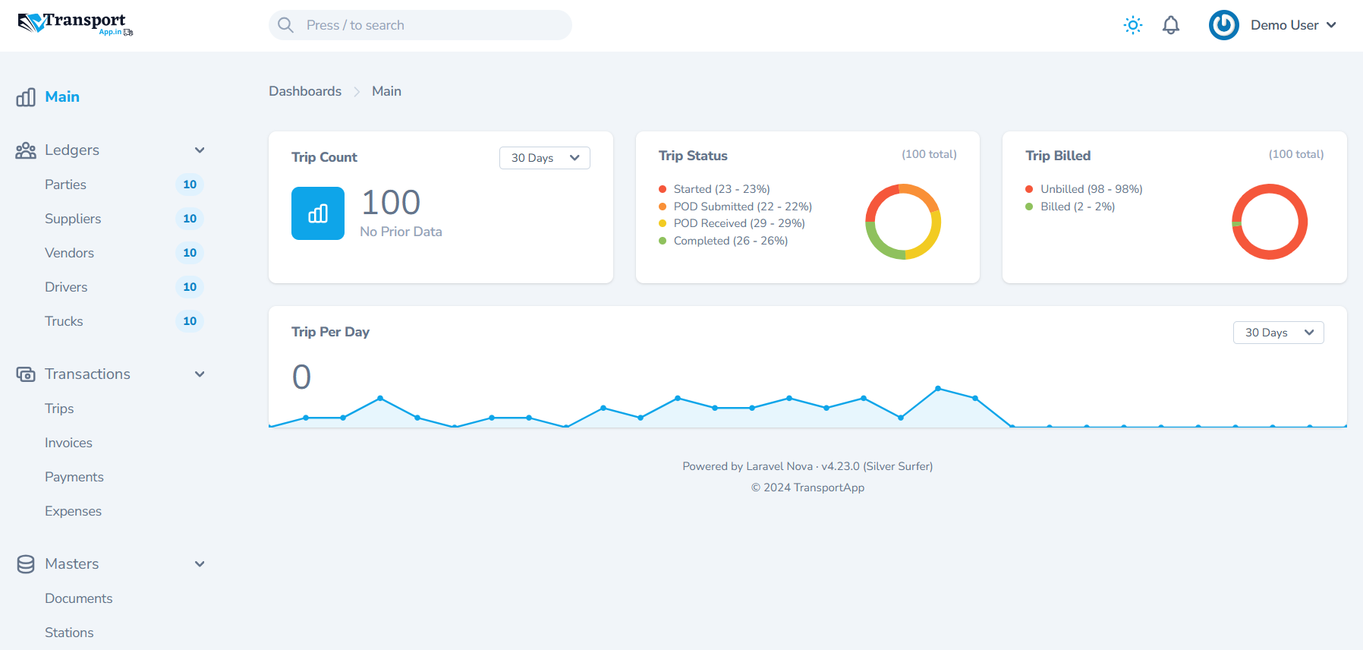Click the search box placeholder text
(355, 25)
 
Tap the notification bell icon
(1171, 25)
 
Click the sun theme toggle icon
(1133, 25)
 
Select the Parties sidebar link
(65, 185)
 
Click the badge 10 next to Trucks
(190, 321)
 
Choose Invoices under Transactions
(68, 443)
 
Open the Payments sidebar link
(74, 477)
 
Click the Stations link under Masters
(69, 633)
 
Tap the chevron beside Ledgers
(200, 150)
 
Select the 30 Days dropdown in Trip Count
(544, 158)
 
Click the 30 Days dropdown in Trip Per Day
(1278, 333)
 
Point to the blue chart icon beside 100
(318, 213)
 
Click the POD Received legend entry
(738, 223)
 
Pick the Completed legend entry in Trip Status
(730, 241)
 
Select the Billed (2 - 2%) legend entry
(1077, 207)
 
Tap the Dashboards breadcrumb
(305, 91)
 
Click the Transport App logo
(75, 24)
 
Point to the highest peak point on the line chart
(938, 388)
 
